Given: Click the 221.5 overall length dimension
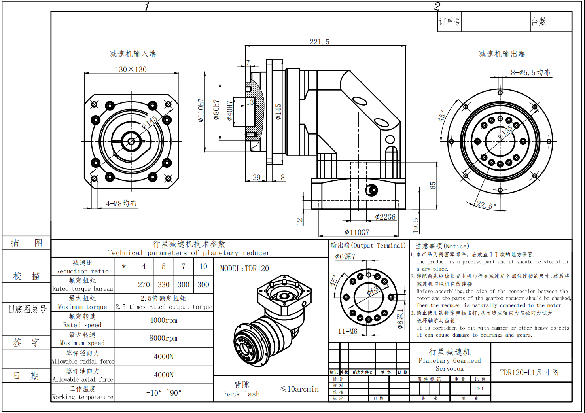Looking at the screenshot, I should coord(319,42).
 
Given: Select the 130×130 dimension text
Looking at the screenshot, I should coord(131,69).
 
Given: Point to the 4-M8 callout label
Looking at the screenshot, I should coord(121,203).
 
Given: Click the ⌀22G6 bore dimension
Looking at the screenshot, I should coord(385,217).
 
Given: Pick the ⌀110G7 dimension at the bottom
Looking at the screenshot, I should coord(357,232).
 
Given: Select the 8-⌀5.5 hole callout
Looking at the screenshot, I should coord(530,72).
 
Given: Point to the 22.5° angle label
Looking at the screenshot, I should coord(486,205).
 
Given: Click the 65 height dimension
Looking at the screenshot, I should coord(433,185).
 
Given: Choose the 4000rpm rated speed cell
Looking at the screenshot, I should coord(163,320).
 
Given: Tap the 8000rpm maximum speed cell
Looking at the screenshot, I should coord(163,338).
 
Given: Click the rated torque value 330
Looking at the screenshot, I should coord(164,285).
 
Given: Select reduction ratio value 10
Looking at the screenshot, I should coord(203,267).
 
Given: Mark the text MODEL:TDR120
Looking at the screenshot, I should coord(244,269).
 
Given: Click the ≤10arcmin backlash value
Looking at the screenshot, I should coord(299,389).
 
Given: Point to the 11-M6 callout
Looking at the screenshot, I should coord(348,332).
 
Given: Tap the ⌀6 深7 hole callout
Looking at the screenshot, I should coord(345,257).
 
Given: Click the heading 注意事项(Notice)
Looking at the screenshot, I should coord(442,246).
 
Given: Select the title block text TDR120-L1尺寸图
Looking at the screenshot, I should coord(530,372).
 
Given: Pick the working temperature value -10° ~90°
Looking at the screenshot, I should coord(164,393).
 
